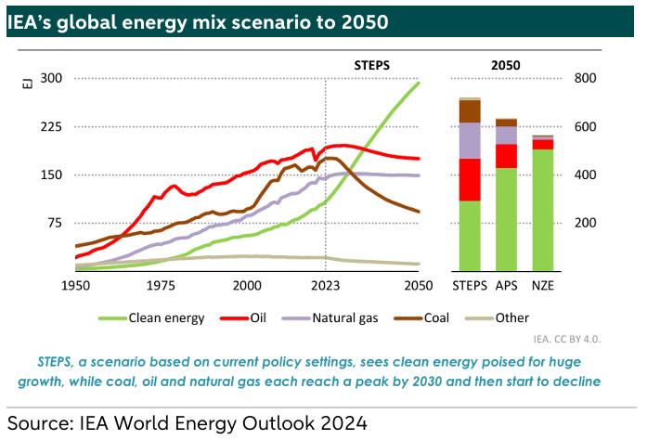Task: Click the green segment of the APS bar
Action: click(506, 219)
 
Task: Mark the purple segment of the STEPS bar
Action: click(470, 140)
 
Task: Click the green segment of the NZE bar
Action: click(542, 210)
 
